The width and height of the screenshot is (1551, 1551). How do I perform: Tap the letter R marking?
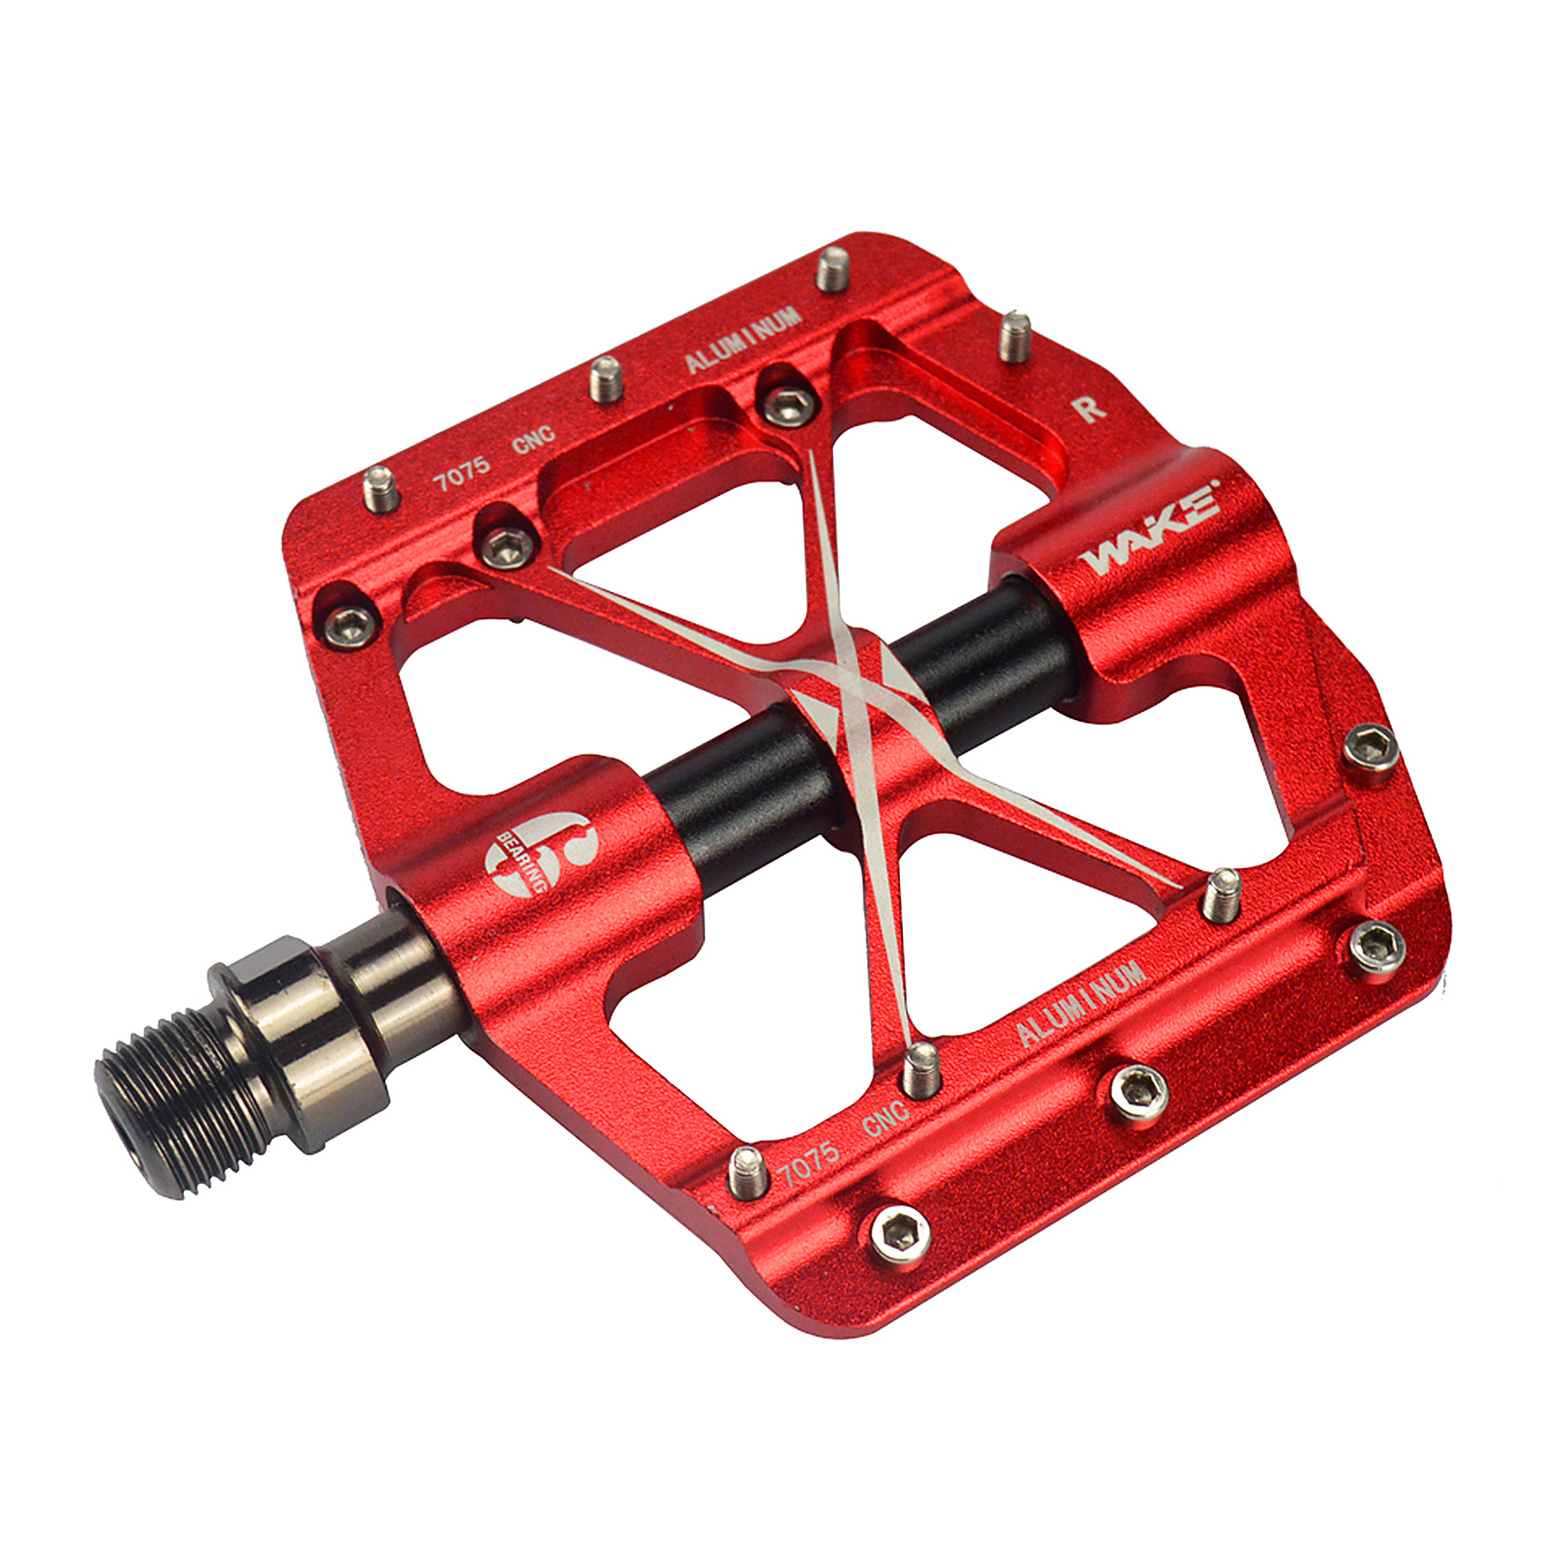[x=1090, y=407]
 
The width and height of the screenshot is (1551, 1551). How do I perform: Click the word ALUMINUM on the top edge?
[x=743, y=339]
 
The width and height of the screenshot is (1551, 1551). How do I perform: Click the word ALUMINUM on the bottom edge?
[x=1080, y=1004]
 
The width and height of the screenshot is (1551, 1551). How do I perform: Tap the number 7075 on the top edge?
[x=462, y=472]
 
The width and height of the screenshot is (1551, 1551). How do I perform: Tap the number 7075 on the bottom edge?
[x=809, y=1162]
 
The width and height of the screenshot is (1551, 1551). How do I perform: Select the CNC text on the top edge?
[x=534, y=440]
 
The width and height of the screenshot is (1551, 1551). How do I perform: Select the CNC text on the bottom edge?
[x=884, y=1119]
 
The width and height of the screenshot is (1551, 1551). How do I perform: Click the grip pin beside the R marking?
[x=1013, y=335]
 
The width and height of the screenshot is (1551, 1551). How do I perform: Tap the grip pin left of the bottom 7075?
[x=748, y=1172]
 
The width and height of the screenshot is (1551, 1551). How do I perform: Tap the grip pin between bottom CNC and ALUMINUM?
[x=921, y=1069]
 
